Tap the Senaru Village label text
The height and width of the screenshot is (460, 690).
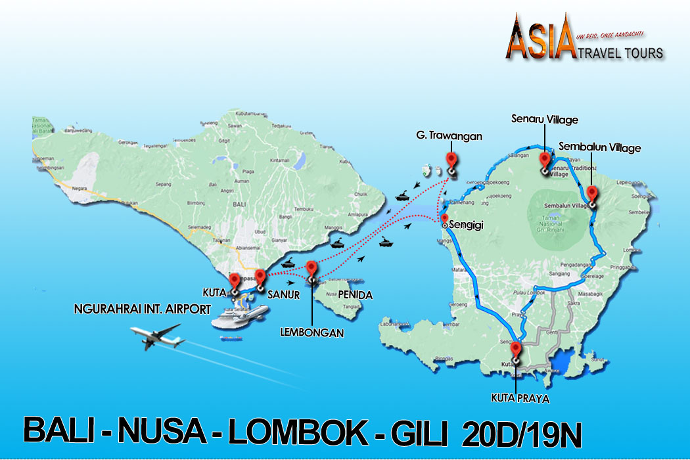[x=545, y=120]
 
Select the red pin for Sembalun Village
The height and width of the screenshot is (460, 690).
[x=591, y=194]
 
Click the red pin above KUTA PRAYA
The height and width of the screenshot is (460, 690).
[x=516, y=350]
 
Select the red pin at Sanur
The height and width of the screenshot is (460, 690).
[x=260, y=277]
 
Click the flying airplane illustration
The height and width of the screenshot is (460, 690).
[x=158, y=337]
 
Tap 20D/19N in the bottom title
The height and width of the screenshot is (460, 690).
[x=522, y=434]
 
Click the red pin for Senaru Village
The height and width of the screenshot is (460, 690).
[x=544, y=160]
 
